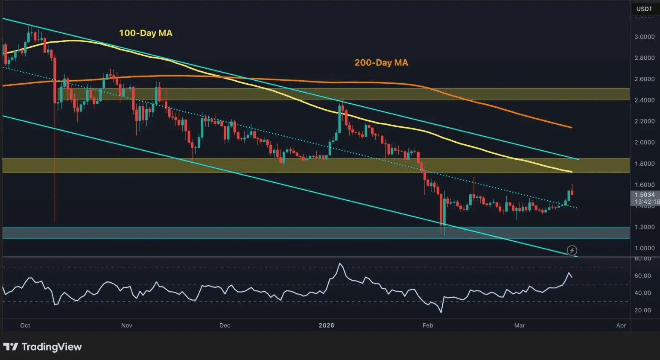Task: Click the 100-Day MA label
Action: pyautogui.click(x=146, y=33)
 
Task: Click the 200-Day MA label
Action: pyautogui.click(x=381, y=63)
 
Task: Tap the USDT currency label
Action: pyautogui.click(x=644, y=9)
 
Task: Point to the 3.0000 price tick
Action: pyautogui.click(x=644, y=37)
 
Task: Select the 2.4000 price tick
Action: pyautogui.click(x=644, y=100)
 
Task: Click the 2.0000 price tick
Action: pyautogui.click(x=644, y=142)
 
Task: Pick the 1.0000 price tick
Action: pyautogui.click(x=644, y=248)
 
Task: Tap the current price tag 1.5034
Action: pyautogui.click(x=645, y=195)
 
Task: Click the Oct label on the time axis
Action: pyautogui.click(x=25, y=325)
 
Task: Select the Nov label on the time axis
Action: pyautogui.click(x=127, y=325)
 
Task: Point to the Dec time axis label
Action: pyautogui.click(x=225, y=325)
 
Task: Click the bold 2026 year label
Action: pyautogui.click(x=327, y=325)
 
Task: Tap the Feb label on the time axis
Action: pyautogui.click(x=428, y=325)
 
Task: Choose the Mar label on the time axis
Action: pyautogui.click(x=520, y=325)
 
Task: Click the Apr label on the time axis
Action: pyautogui.click(x=621, y=325)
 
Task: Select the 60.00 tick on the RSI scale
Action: pyautogui.click(x=642, y=276)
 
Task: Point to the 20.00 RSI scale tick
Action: pyautogui.click(x=642, y=310)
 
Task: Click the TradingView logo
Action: pyautogui.click(x=43, y=347)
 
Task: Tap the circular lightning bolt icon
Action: pyautogui.click(x=572, y=250)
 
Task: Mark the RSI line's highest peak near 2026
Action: pyautogui.click(x=340, y=263)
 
